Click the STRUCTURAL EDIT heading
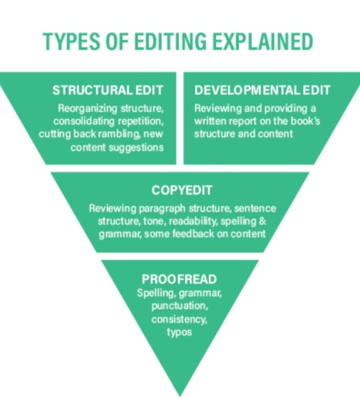(x=108, y=90)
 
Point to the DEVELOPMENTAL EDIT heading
(x=263, y=90)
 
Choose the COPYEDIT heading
(x=182, y=190)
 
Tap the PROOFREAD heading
(x=179, y=279)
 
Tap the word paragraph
(x=162, y=208)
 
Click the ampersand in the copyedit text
(x=263, y=222)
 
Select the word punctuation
(x=180, y=306)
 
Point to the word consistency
(x=180, y=319)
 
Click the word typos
(x=180, y=332)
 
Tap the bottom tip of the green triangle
(x=180, y=396)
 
